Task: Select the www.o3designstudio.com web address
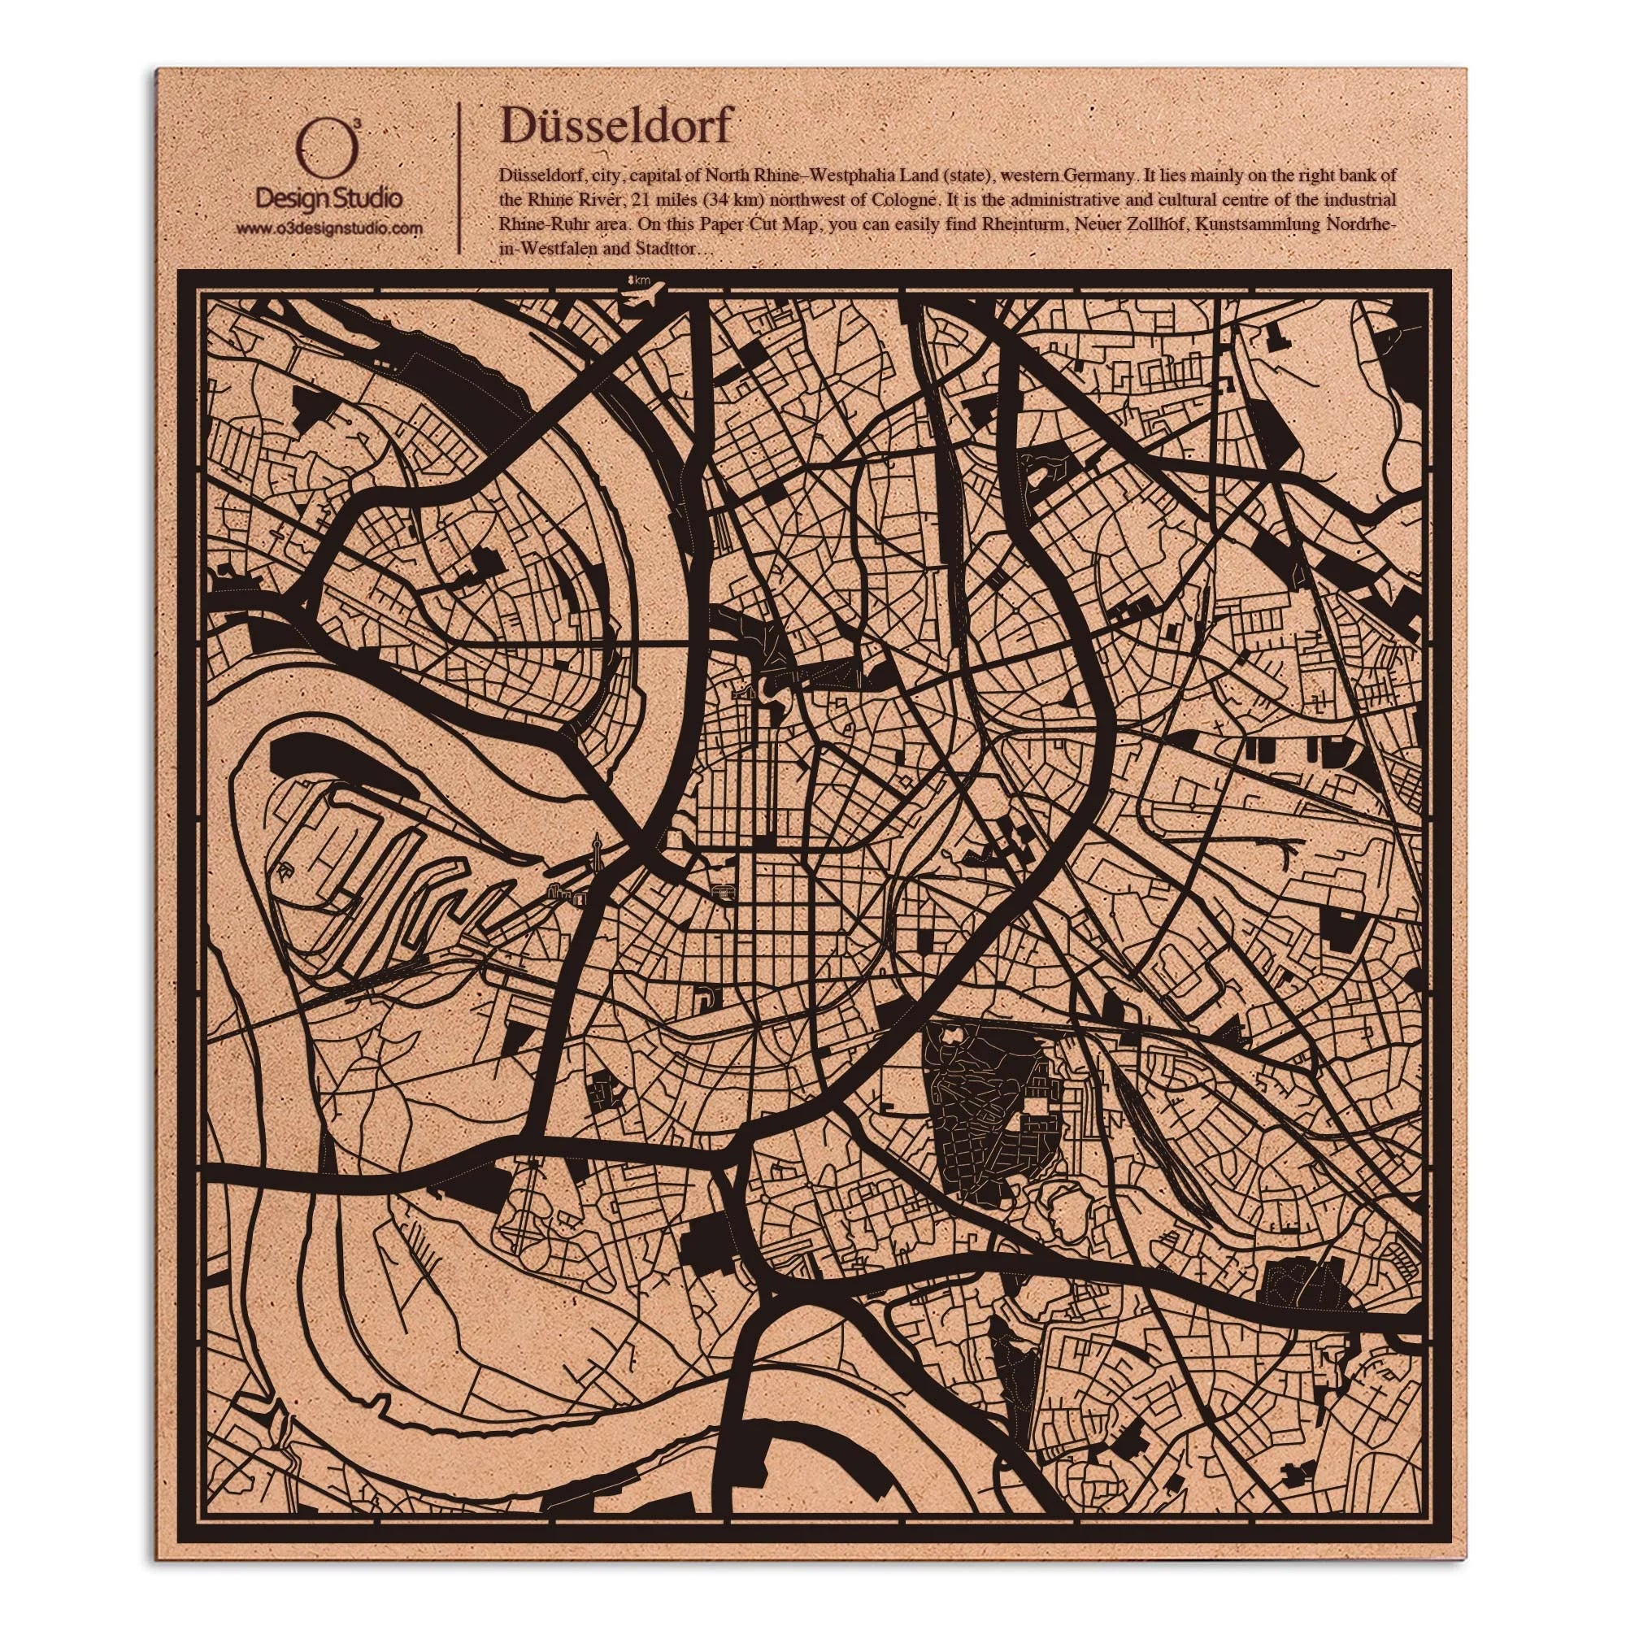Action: point(328,228)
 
